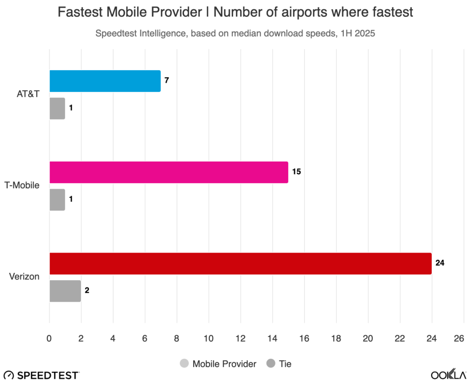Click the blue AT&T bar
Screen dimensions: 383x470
tap(105, 81)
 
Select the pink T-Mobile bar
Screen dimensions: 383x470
tap(168, 173)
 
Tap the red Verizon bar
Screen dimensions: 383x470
tap(240, 264)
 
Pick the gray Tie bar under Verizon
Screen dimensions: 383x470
tap(65, 291)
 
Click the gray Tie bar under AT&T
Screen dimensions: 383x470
tap(57, 108)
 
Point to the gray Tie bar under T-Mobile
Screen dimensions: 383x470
tap(57, 200)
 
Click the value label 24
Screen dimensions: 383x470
tap(440, 264)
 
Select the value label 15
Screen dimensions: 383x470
tap(297, 173)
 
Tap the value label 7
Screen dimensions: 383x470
tap(167, 81)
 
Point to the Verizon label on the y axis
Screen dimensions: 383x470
tap(24, 277)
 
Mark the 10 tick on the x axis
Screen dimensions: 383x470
tap(208, 338)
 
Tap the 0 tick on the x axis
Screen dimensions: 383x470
tap(49, 338)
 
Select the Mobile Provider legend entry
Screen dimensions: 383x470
tap(218, 364)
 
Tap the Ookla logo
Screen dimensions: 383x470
tap(448, 374)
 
